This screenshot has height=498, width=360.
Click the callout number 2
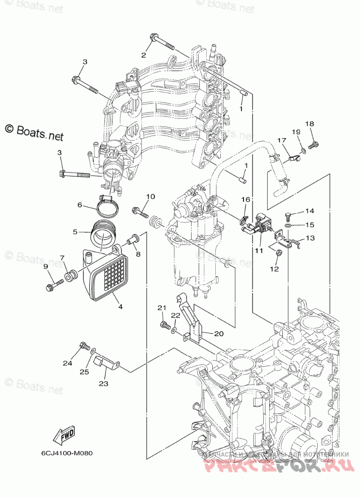(x=143, y=55)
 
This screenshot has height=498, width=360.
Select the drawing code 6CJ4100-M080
(x=67, y=452)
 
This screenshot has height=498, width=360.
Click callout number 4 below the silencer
(x=120, y=305)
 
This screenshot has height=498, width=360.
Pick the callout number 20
(x=219, y=334)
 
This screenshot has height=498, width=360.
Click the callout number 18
(x=310, y=124)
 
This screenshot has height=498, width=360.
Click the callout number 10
(x=150, y=197)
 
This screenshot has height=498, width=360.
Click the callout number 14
(x=309, y=211)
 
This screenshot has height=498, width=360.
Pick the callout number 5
(x=75, y=232)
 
